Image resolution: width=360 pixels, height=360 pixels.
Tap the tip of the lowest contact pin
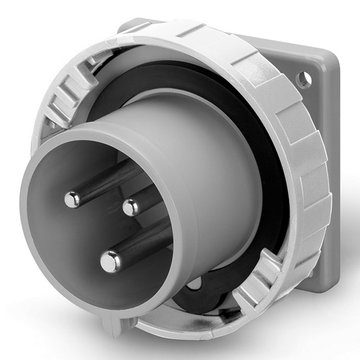tap(110, 261)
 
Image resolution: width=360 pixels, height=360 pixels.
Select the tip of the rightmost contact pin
tap(131, 207)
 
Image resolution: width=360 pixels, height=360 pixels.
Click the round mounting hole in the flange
tap(304, 79)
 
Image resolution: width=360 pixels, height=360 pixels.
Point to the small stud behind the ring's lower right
tap(310, 273)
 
